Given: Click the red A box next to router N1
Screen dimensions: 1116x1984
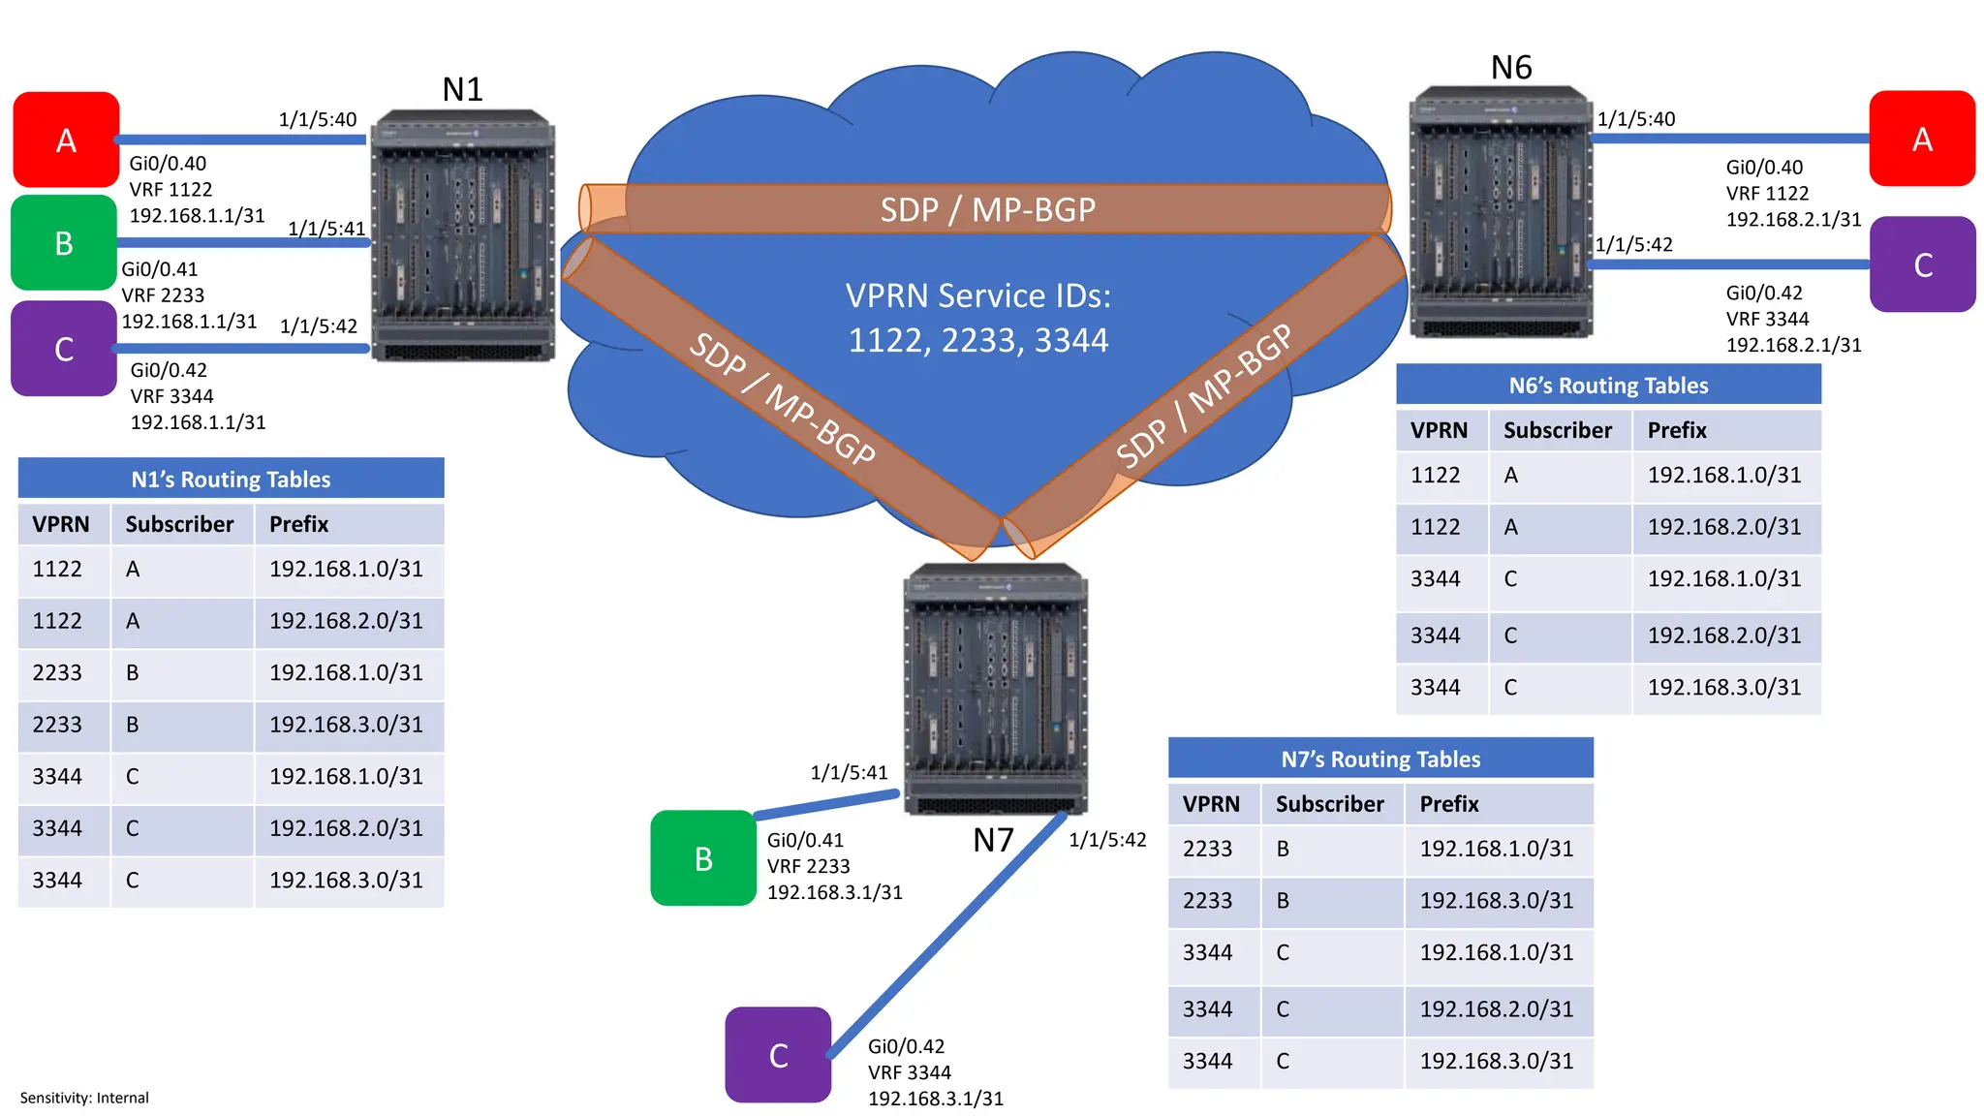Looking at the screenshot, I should (66, 139).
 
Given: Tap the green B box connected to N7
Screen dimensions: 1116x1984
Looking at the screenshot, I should (703, 858).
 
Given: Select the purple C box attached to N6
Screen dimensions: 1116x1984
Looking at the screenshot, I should (1922, 264).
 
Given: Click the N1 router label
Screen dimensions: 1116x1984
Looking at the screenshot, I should (462, 89).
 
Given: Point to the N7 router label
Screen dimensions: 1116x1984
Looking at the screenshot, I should (993, 840).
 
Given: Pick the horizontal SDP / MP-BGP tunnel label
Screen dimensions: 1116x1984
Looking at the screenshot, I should (987, 209).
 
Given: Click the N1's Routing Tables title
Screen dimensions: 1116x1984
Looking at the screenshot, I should (231, 480).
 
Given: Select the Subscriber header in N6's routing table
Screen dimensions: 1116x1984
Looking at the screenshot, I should (1557, 430).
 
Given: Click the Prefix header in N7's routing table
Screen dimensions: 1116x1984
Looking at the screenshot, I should (1448, 804).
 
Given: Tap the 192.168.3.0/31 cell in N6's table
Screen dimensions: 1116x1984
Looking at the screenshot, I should (1723, 688).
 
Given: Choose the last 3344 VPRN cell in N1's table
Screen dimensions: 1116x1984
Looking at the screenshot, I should (57, 881).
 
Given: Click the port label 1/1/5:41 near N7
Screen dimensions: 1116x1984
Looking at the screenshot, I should (849, 772).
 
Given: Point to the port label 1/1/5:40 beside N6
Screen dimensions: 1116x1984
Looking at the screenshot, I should (1635, 119).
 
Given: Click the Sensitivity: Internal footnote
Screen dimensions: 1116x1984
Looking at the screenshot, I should (84, 1098).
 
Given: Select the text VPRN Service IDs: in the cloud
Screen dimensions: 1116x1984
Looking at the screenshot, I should (977, 295).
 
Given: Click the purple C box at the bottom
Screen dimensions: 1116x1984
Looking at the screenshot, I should (778, 1055).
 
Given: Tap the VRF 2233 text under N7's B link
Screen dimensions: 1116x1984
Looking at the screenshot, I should (808, 866).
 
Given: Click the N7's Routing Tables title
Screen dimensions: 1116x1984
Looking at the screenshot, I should (1379, 759).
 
